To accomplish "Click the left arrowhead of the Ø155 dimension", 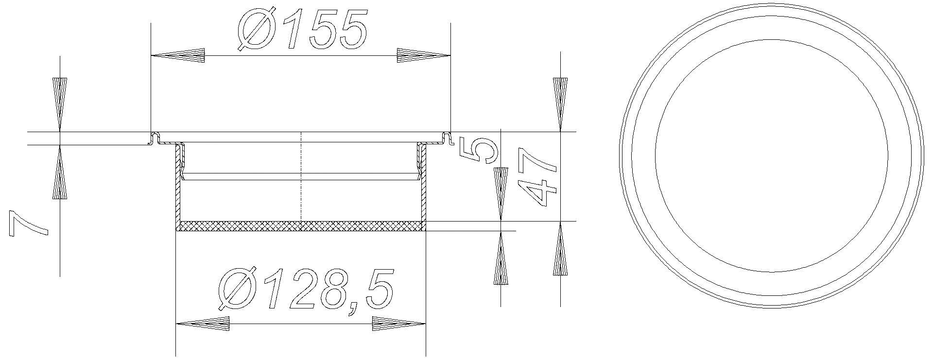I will click(x=178, y=55).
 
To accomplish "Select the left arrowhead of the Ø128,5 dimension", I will click(x=202, y=324).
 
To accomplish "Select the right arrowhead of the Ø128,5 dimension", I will click(x=398, y=324).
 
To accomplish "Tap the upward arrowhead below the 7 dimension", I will click(x=59, y=174).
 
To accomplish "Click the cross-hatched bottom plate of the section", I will click(x=300, y=226).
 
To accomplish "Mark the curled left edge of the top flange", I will click(x=155, y=137).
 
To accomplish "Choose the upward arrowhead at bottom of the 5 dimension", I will click(x=501, y=257).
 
